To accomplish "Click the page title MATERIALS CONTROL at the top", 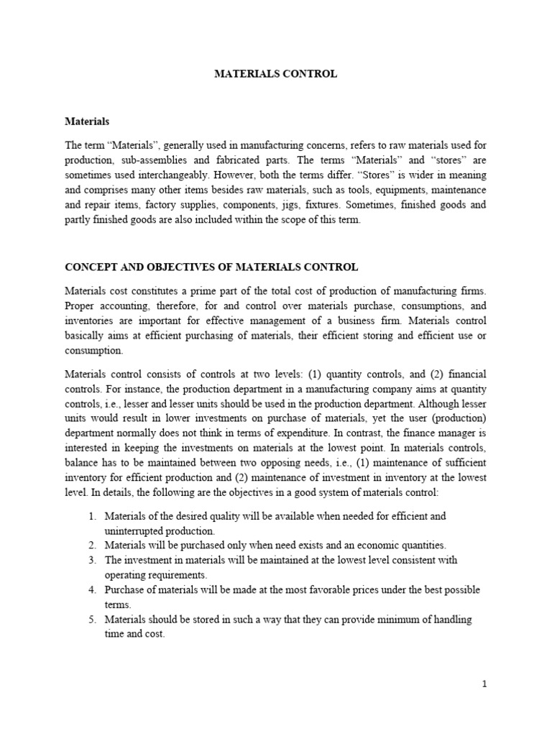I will (275, 74).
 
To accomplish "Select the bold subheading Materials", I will (87, 122).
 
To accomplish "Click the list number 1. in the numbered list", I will (91, 517).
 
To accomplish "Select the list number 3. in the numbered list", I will (91, 560).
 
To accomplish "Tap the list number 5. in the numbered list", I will (91, 618).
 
